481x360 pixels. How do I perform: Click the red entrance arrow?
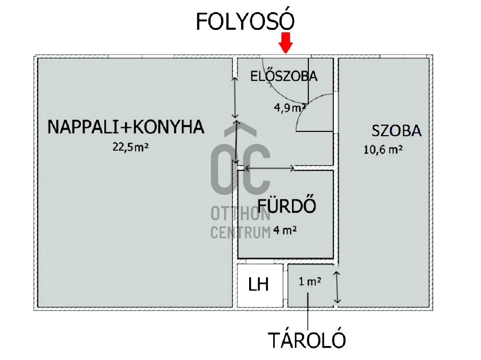coord(286,43)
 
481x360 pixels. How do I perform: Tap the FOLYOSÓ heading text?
coord(245,21)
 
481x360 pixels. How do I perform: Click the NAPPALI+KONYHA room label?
coord(126,127)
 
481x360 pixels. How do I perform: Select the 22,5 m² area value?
coord(130,147)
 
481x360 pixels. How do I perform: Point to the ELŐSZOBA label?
coord(284,76)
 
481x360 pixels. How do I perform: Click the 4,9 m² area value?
coord(290,107)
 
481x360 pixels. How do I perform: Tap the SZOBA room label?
coord(396,131)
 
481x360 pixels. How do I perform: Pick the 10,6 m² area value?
coord(383,150)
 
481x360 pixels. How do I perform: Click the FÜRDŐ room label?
coord(287,206)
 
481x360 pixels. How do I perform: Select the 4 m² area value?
coord(285,230)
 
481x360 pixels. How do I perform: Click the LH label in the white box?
coord(258,284)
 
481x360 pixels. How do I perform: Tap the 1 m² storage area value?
coord(310,281)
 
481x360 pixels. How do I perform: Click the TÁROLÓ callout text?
coord(306,340)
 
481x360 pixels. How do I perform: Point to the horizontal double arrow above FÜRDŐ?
coord(270,168)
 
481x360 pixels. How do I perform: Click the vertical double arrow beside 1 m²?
coord(337,287)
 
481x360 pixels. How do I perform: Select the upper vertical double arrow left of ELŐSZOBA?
coord(235,98)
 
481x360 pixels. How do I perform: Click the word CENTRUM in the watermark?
coord(240,232)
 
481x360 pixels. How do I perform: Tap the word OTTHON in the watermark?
coord(240,214)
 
